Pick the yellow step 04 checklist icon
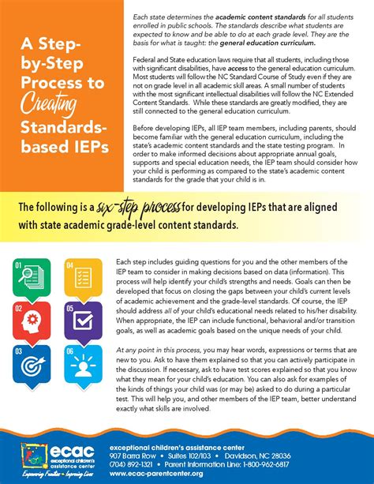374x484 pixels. [x=82, y=280]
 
